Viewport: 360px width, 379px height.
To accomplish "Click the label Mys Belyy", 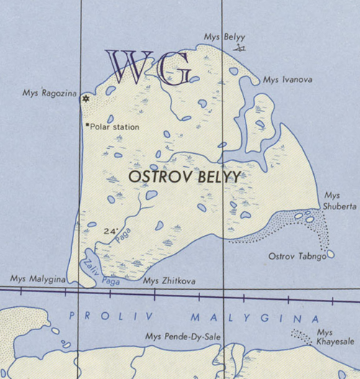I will tap(220, 36).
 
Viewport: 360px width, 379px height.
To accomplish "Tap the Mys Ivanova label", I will tap(287, 80).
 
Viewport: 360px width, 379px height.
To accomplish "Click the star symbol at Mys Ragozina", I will tap(86, 99).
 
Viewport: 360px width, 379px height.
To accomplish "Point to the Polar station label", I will tap(114, 127).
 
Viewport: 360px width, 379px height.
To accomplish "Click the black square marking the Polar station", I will tap(87, 126).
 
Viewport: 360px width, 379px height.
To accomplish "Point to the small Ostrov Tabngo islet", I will tap(331, 254).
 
